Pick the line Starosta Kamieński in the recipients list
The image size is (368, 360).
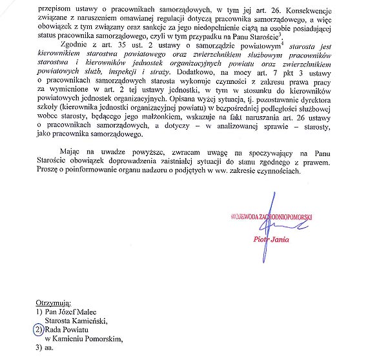pyautogui.click(x=76, y=319)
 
